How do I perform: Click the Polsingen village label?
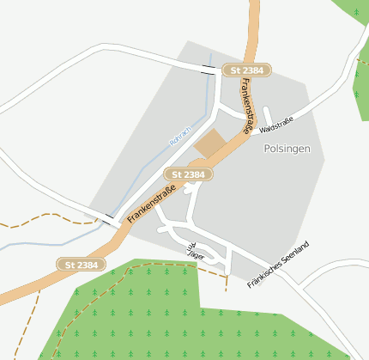[287, 149]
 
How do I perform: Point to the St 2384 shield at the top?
[247, 70]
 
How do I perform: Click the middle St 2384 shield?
[188, 174]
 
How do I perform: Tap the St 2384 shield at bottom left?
[82, 265]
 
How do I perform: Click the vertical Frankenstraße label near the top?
[247, 105]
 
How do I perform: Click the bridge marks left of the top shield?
[209, 70]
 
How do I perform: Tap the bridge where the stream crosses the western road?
[108, 219]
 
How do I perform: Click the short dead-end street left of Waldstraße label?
[268, 115]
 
